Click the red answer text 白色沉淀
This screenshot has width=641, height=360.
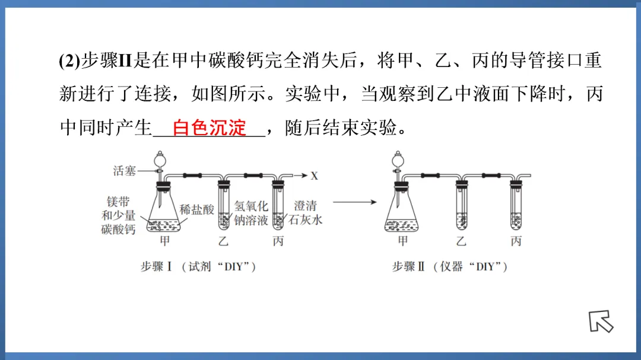point(209,128)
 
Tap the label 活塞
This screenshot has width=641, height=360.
point(125,171)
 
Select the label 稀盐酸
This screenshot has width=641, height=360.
point(196,209)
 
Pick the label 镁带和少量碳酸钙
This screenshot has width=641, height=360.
point(118,215)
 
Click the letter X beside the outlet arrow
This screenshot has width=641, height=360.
point(314,176)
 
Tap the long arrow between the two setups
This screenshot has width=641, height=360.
point(355,202)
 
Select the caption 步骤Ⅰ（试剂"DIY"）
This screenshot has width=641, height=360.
point(198,267)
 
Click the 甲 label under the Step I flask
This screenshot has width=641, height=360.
point(164,241)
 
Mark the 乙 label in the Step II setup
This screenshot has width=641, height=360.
point(461,241)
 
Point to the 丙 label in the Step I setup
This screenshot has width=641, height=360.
point(278,241)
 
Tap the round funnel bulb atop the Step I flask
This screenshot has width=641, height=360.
point(159,159)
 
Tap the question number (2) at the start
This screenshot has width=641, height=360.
point(69,62)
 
